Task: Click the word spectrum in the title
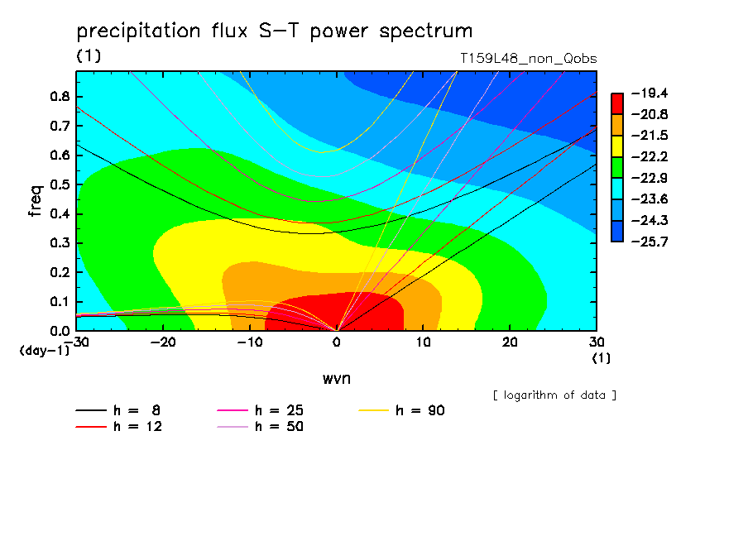425,31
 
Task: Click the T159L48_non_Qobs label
529,59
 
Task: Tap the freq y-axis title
36,201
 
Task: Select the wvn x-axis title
337,379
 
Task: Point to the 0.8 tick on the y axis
60,96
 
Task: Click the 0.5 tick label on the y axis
60,184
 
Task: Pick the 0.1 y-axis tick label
60,301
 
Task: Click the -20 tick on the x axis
163,342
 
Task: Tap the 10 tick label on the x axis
423,342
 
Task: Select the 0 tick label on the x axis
337,342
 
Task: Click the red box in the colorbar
617,103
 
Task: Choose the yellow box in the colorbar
617,146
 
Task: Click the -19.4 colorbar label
650,93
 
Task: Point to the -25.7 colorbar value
650,242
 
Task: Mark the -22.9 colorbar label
650,178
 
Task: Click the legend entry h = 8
117,410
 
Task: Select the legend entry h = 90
401,410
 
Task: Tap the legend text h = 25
279,410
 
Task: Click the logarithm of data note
555,395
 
